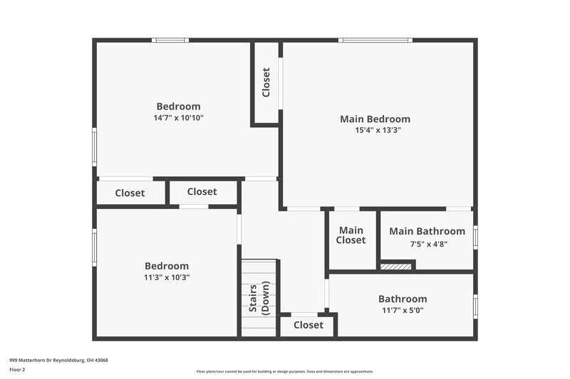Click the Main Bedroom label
tap(375, 119)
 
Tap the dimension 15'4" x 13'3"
tap(375, 130)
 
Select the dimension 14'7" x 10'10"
tap(178, 118)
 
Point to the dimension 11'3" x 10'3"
tap(167, 277)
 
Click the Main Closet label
tap(351, 235)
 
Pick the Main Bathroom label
tap(427, 231)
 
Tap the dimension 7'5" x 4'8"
tap(428, 244)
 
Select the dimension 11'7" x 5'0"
tap(403, 310)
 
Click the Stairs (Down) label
tap(259, 298)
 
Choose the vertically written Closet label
tap(266, 82)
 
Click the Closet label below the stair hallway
tap(308, 325)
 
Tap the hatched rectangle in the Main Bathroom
tap(395, 267)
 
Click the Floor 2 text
tap(17, 370)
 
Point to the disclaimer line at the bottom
tap(284, 371)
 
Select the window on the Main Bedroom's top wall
tap(375, 40)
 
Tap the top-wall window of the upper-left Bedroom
tap(171, 40)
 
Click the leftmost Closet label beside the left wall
tap(130, 193)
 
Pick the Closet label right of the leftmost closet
tap(202, 191)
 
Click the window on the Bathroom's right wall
tap(475, 306)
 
